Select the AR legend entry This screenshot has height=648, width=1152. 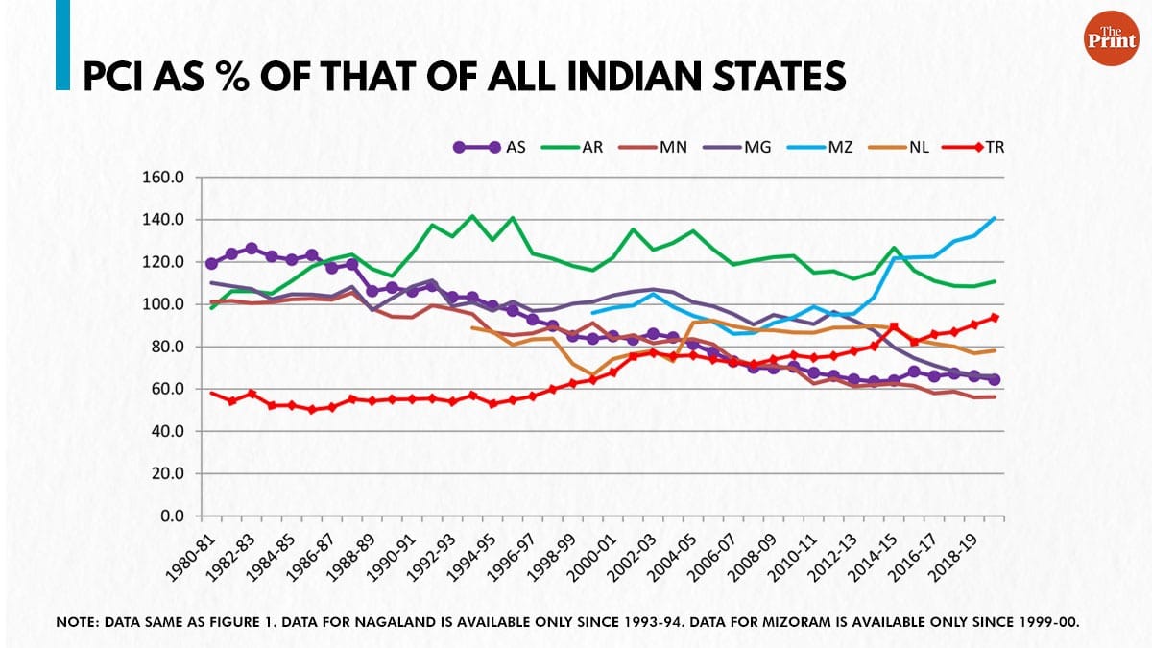[581, 148]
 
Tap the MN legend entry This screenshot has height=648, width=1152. [664, 148]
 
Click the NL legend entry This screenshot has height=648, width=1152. [918, 148]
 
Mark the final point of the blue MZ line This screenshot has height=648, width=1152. [994, 218]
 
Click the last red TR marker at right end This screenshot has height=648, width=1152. [994, 317]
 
